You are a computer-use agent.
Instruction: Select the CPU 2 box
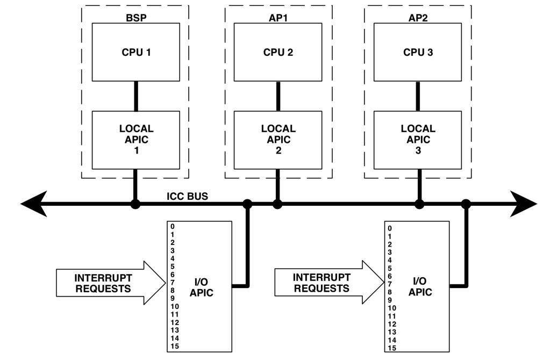[x=278, y=52]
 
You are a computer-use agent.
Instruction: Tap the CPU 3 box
[x=418, y=52]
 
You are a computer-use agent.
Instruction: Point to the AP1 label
[x=278, y=18]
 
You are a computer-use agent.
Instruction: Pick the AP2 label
[x=418, y=18]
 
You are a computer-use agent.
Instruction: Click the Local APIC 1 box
[x=136, y=140]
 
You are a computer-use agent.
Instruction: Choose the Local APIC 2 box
[x=278, y=140]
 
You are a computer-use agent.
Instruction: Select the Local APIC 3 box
[x=418, y=140]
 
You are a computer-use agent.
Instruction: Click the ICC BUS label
[x=187, y=196]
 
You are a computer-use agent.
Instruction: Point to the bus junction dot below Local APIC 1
[x=136, y=204]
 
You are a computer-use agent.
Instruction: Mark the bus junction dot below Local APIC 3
[x=419, y=204]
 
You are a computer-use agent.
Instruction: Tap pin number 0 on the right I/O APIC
[x=390, y=228]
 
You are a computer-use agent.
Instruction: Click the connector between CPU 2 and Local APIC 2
[x=278, y=96]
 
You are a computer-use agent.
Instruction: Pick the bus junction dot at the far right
[x=466, y=204]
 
